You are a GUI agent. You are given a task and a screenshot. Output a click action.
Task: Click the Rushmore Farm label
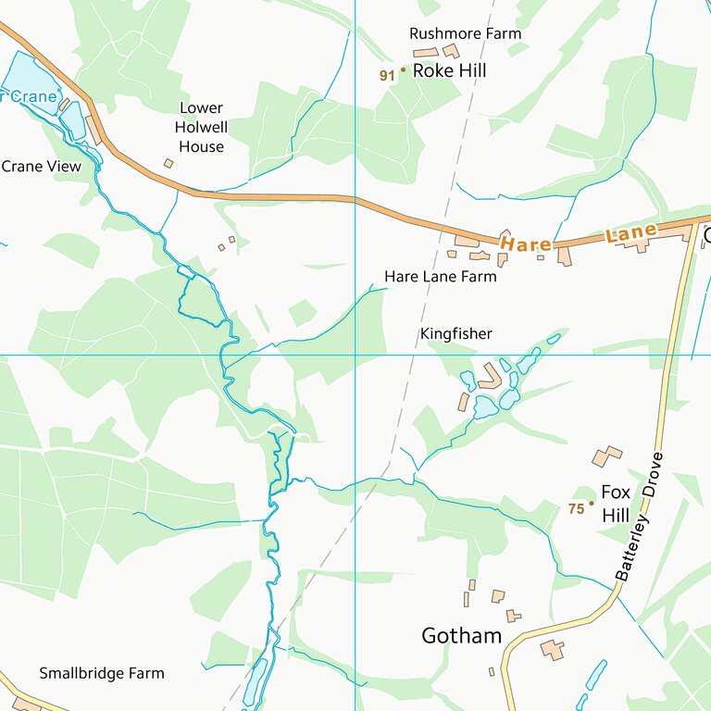[465, 33]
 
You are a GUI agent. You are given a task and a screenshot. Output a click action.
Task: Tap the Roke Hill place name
[449, 70]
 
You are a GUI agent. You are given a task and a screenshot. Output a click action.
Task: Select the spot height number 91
[387, 75]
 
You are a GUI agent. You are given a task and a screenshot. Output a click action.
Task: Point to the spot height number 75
[576, 508]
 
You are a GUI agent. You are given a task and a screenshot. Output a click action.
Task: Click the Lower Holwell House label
[200, 127]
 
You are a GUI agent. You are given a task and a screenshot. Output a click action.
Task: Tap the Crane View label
[42, 167]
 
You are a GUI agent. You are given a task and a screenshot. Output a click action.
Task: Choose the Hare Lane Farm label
[440, 276]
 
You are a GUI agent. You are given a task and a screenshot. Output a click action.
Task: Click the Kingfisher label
[455, 333]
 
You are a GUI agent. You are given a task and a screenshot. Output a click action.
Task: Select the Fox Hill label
[615, 504]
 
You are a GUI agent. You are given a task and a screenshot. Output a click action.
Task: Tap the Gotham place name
[461, 636]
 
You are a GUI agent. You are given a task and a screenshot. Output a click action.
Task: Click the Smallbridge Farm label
[101, 673]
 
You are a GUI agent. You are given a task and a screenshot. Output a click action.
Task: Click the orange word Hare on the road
[526, 244]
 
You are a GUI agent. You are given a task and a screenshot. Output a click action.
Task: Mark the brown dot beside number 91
[403, 69]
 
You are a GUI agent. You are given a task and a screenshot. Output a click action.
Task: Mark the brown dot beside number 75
[592, 503]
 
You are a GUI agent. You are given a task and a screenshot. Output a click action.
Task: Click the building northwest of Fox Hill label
[606, 455]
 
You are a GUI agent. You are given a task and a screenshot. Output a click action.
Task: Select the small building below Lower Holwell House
[168, 164]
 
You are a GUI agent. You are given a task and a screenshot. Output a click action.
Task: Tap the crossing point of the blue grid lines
[355, 355]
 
